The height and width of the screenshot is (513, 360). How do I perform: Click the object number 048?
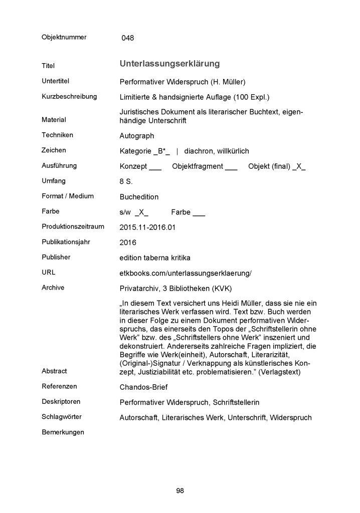click(127, 38)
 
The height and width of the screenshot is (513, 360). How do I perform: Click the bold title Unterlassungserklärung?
click(169, 64)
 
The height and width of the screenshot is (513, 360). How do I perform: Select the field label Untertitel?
click(55, 81)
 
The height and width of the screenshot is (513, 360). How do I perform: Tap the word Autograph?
click(137, 136)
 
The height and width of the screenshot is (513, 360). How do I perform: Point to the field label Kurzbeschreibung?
click(69, 96)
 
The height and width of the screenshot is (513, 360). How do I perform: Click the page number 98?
click(180, 490)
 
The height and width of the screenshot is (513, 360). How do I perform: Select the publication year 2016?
click(128, 242)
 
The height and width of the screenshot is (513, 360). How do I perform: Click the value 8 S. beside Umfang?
click(126, 181)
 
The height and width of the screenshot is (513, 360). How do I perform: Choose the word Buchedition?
click(139, 197)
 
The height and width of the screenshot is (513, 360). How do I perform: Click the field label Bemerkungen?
click(63, 432)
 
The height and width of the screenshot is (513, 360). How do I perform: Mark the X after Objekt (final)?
click(298, 166)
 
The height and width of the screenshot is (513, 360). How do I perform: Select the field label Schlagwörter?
click(62, 417)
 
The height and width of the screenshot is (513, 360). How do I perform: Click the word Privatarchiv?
click(140, 288)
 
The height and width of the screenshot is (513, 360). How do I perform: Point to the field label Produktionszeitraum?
click(73, 226)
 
